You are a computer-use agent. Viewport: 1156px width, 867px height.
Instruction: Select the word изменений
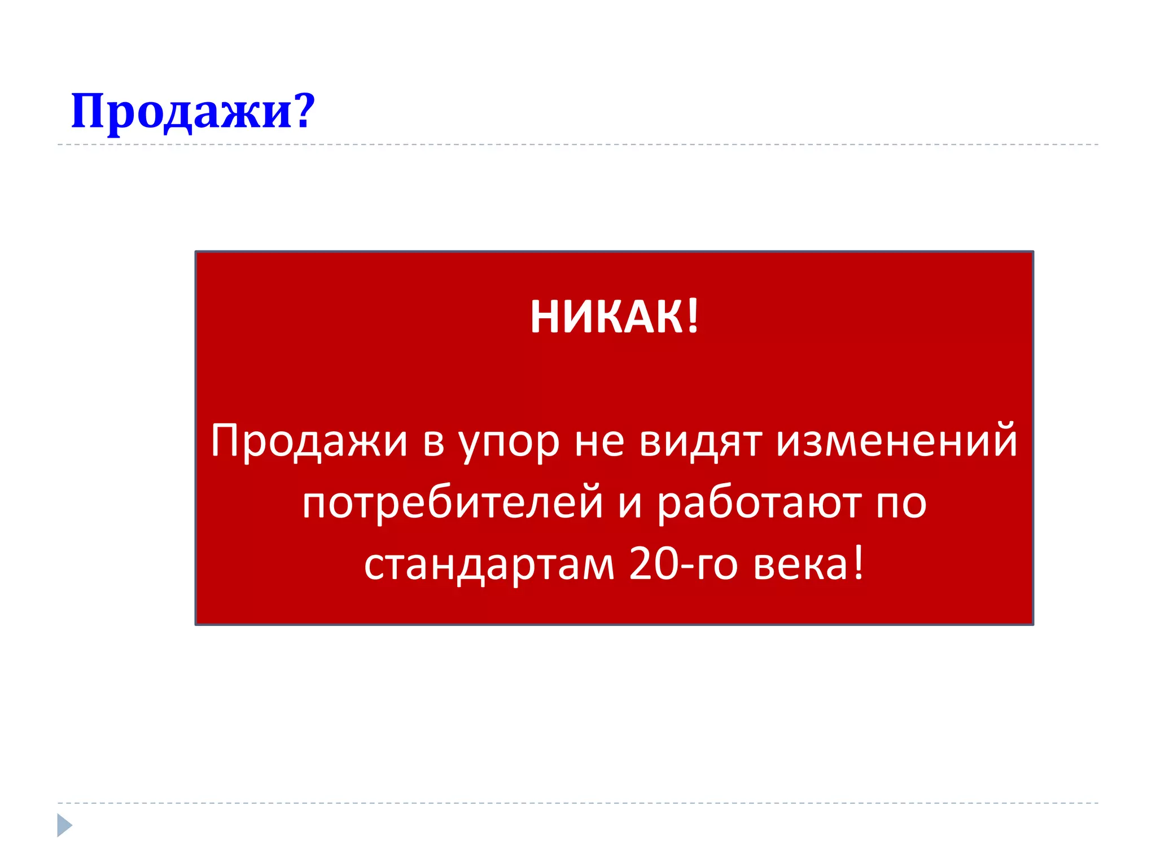[897, 440]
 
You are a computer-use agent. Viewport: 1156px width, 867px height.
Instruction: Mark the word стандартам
[489, 565]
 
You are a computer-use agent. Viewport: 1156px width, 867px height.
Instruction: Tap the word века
[800, 565]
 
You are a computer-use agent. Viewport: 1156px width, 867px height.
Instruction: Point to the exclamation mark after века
[858, 564]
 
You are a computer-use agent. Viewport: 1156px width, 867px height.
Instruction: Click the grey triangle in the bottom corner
[64, 825]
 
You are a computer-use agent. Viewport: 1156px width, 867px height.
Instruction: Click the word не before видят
[599, 443]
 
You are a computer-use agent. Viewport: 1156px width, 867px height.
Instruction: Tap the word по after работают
[901, 503]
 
